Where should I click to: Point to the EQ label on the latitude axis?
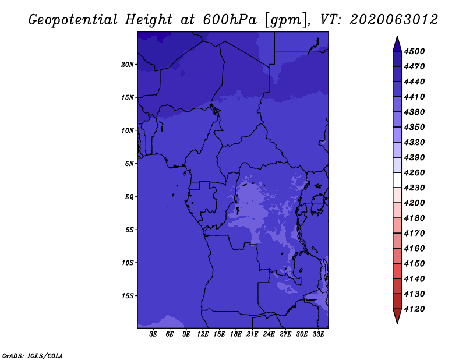(x=129, y=197)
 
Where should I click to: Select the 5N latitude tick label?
(x=129, y=164)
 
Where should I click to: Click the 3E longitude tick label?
(x=154, y=334)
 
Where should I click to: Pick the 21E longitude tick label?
(x=253, y=334)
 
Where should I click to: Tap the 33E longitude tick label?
(x=319, y=334)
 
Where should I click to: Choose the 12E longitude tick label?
(x=203, y=334)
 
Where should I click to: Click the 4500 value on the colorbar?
(x=416, y=51)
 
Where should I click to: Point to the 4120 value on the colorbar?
(x=416, y=309)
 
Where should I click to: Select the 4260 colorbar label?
(x=416, y=172)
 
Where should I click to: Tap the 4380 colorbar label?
(x=416, y=112)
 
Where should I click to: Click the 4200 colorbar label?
(x=416, y=203)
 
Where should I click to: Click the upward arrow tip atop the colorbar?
(x=397, y=38)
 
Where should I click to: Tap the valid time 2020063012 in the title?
(x=394, y=20)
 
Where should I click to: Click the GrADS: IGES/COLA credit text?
(x=33, y=355)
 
